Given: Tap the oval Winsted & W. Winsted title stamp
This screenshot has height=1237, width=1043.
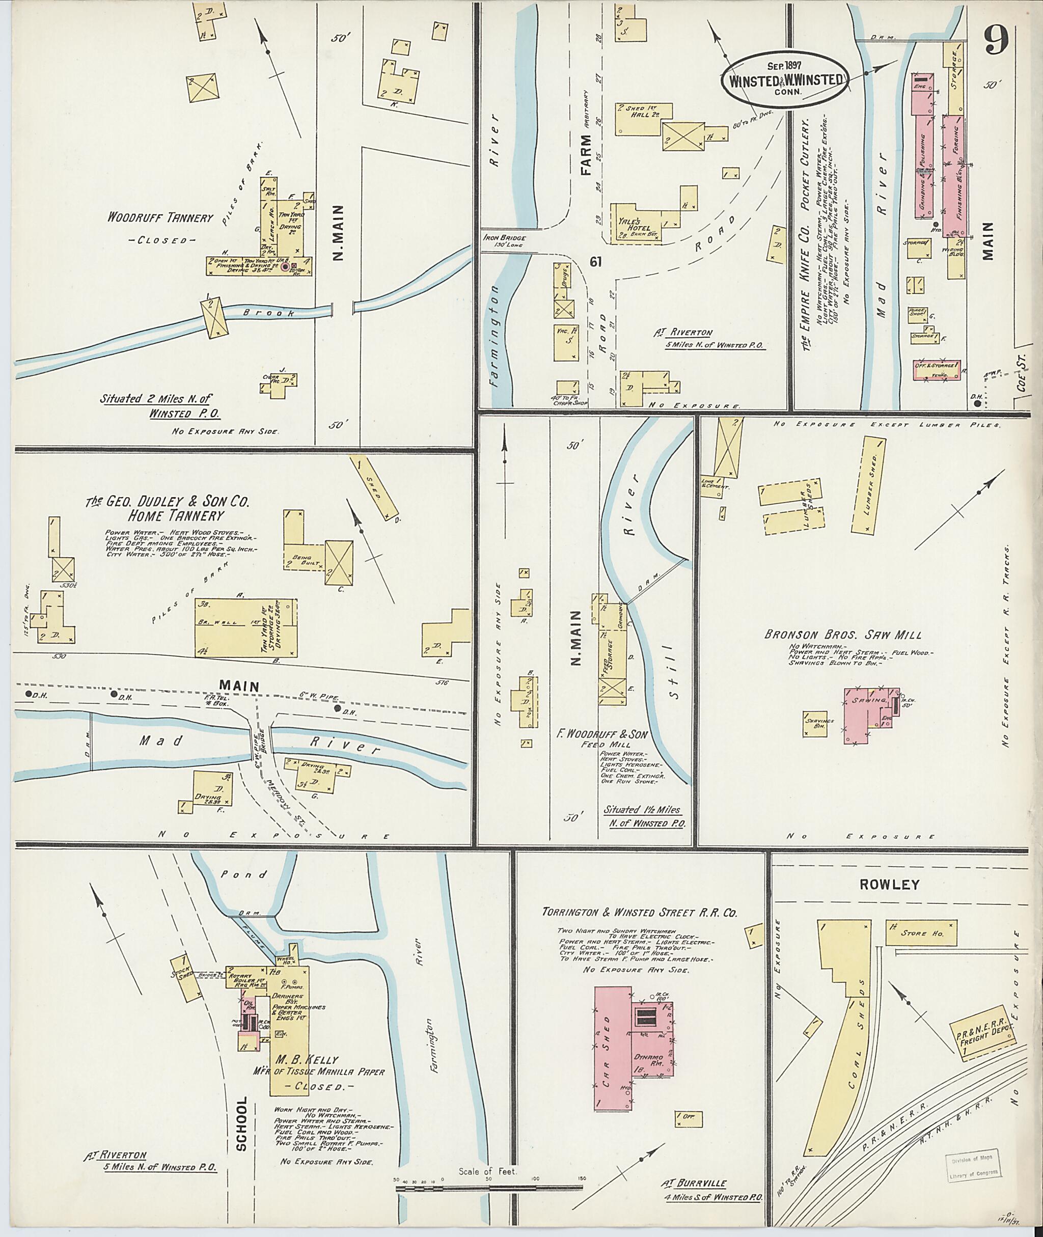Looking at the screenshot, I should click(x=785, y=80).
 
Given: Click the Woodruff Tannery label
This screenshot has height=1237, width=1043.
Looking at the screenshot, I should click(x=159, y=217).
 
